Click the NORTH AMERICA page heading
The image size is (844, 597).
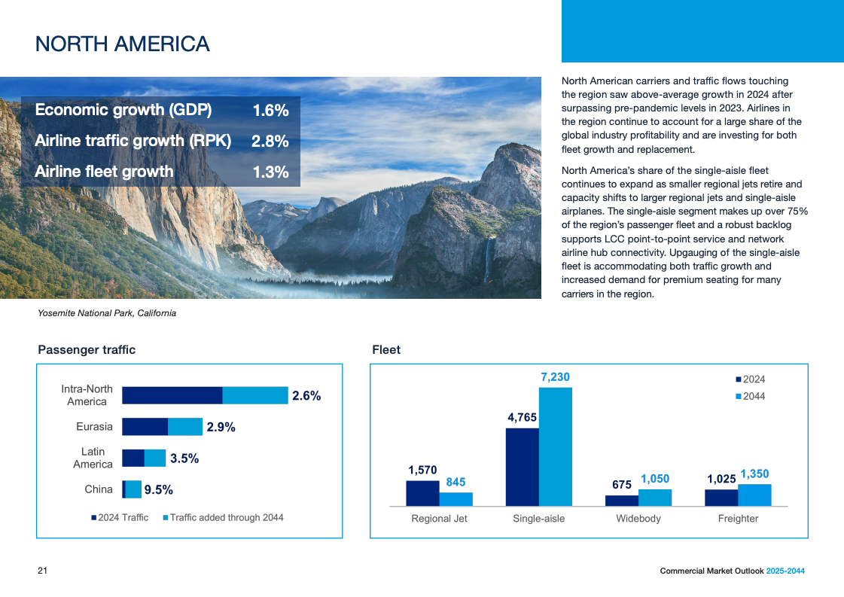123,44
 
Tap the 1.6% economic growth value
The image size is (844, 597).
270,111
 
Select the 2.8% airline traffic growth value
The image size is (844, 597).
270,142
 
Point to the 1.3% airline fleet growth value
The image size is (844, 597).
270,172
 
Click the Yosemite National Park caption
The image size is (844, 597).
107,313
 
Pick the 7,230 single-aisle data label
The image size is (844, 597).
555,376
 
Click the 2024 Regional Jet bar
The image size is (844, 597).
422,493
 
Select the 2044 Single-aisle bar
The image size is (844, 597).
555,446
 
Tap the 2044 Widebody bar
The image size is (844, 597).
655,497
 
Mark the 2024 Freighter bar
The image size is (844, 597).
721,497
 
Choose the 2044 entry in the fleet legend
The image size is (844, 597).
753,396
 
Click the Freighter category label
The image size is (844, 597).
738,519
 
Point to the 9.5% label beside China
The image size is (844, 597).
159,490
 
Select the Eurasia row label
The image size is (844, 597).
94,427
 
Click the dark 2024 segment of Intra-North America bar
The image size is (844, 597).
172,395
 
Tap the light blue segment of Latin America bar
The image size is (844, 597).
154,458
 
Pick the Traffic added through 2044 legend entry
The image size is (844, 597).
226,517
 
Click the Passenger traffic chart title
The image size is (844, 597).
87,349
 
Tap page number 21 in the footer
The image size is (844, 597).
43,571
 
